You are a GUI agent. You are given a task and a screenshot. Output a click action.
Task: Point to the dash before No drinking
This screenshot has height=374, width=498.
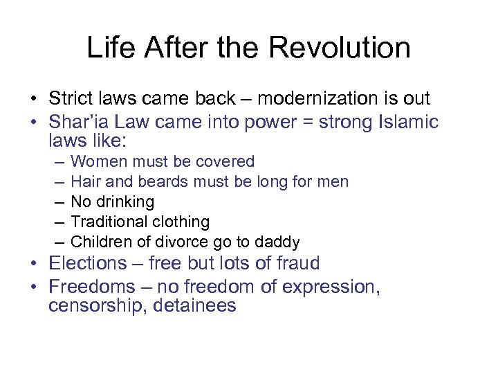[57, 202]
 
